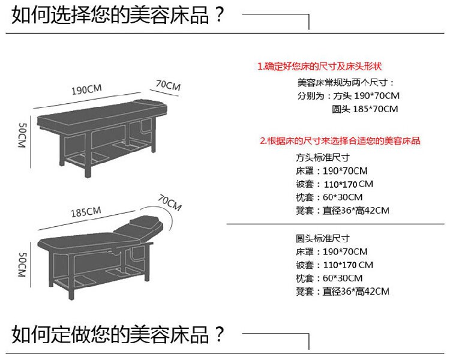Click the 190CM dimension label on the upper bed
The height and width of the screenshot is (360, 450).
pyautogui.click(x=88, y=91)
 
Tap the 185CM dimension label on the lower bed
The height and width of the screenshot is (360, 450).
pyautogui.click(x=86, y=212)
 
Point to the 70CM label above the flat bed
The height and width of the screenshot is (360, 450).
pyautogui.click(x=168, y=86)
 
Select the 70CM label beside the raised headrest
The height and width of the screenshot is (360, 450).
pyautogui.click(x=170, y=203)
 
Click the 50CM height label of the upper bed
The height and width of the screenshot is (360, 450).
pyautogui.click(x=22, y=137)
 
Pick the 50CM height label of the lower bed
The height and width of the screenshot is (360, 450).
pyautogui.click(x=22, y=265)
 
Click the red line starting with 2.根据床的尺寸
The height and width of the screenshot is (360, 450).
pyautogui.click(x=340, y=142)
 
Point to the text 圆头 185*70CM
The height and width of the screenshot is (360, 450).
pyautogui.click(x=365, y=109)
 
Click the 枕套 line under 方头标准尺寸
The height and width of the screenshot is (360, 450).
pyautogui.click(x=329, y=197)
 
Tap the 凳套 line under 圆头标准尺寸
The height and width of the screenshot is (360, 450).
pyautogui.click(x=343, y=292)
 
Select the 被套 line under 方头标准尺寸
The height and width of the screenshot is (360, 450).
pyautogui.click(x=335, y=184)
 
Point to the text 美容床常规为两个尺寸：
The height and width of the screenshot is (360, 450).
pyautogui.click(x=346, y=82)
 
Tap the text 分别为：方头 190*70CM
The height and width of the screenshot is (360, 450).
pyautogui.click(x=348, y=96)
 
